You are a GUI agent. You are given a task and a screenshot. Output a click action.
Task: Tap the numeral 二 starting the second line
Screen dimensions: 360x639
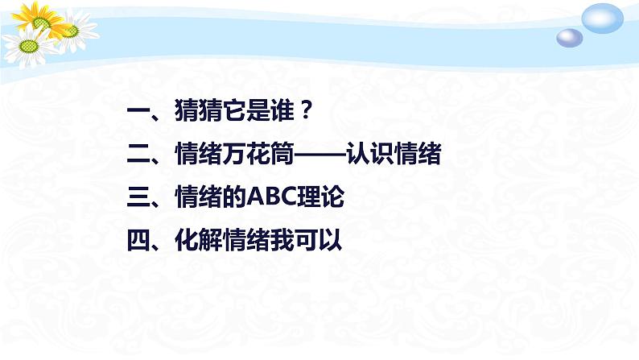click(138, 156)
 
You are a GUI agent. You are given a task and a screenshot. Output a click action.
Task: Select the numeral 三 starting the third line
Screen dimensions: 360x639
click(138, 197)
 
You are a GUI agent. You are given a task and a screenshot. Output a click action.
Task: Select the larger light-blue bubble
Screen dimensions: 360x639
click(603, 18)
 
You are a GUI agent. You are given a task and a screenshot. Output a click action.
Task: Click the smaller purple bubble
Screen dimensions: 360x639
click(570, 37)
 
